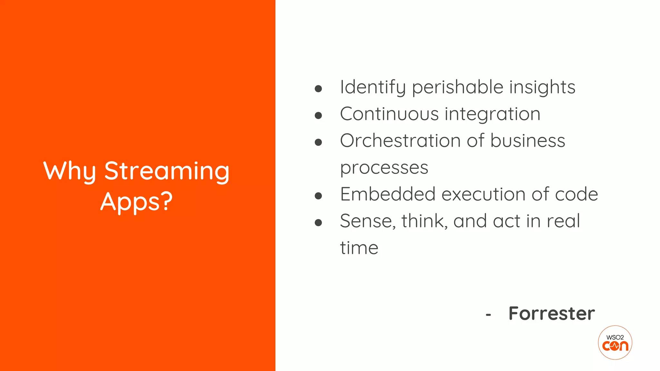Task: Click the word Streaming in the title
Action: (167, 171)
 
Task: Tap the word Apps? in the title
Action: (136, 202)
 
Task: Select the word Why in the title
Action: (70, 171)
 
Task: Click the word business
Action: (528, 141)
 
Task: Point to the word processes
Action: (384, 168)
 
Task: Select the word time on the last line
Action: (359, 248)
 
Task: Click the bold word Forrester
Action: (551, 313)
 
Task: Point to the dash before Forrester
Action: (488, 315)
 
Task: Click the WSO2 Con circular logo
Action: (615, 342)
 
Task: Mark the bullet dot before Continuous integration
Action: (318, 115)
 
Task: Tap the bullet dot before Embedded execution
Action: (318, 195)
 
